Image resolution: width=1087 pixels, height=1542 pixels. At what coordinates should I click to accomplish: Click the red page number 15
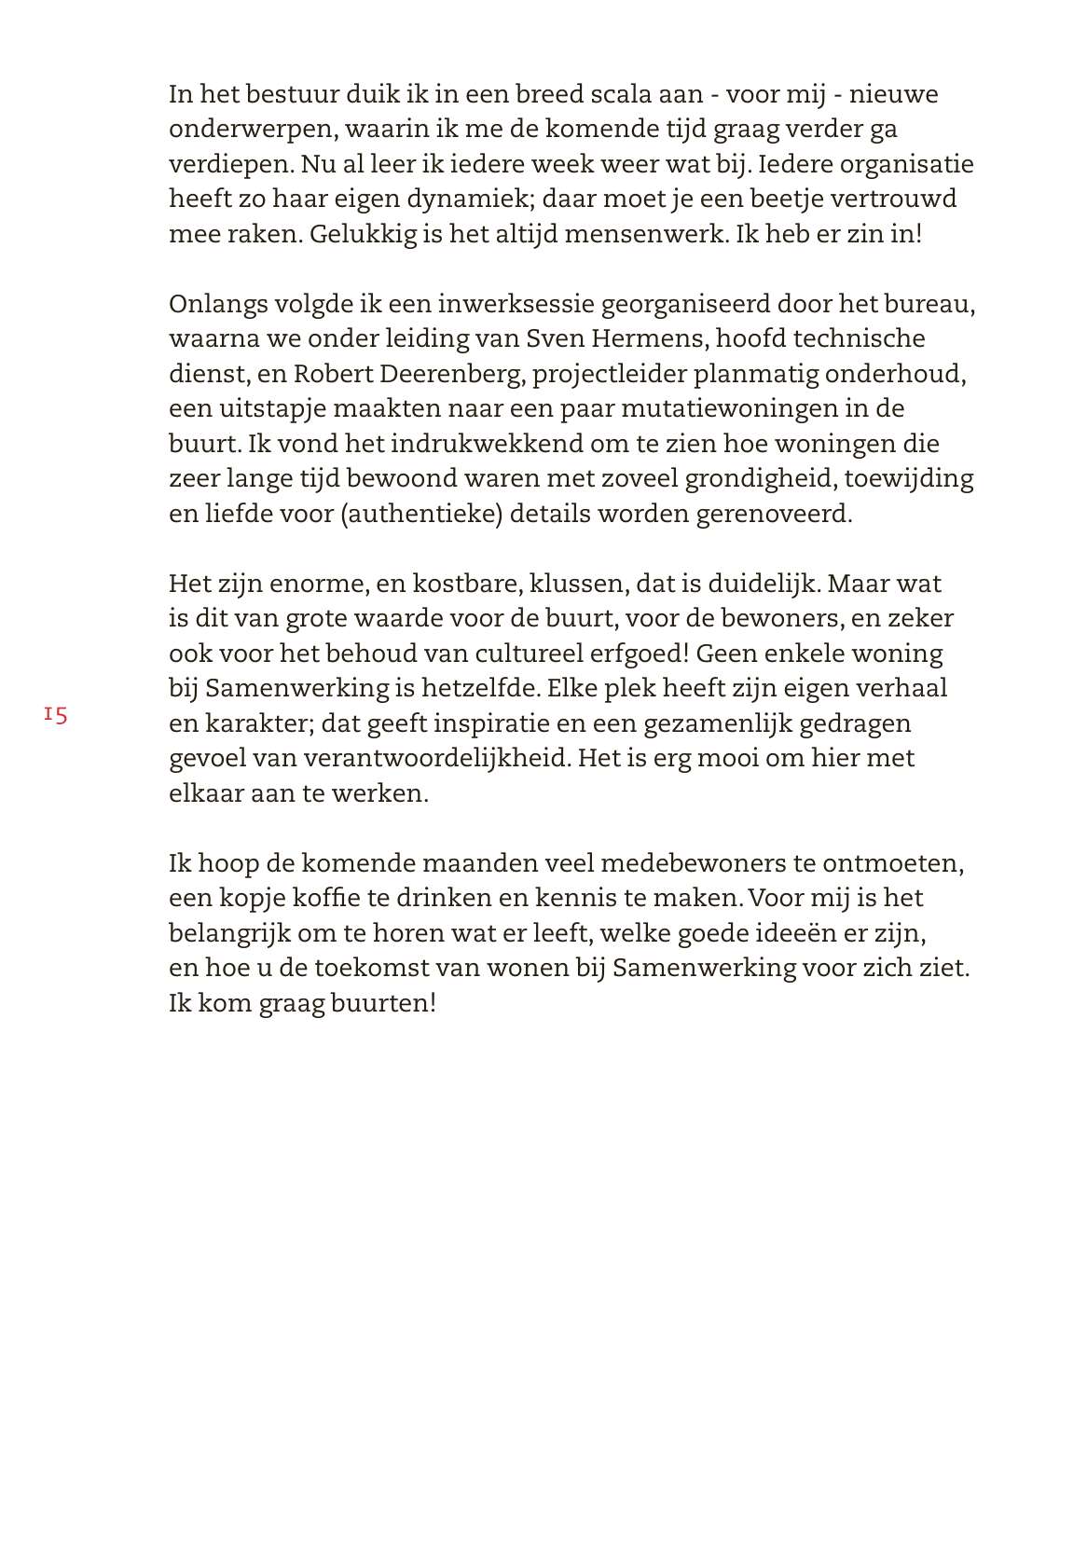[x=56, y=715]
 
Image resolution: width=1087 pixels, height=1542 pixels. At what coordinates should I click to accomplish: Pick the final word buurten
[x=383, y=1003]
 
